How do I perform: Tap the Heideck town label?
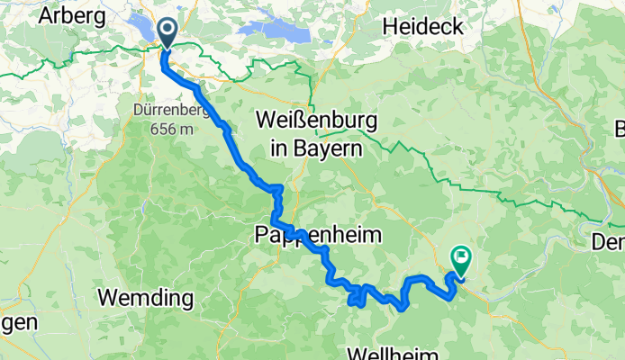pyautogui.click(x=423, y=26)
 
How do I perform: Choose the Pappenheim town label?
pyautogui.click(x=320, y=235)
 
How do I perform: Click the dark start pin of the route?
pyautogui.click(x=168, y=31)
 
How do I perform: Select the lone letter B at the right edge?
pyautogui.click(x=619, y=126)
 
